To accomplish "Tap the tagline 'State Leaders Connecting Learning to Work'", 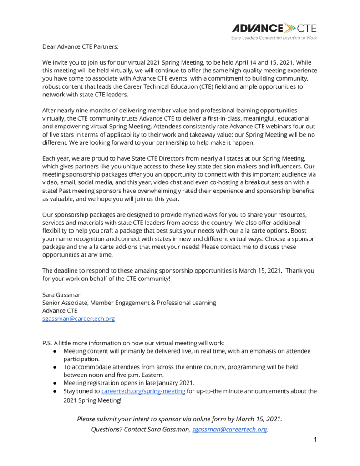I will click(274, 38).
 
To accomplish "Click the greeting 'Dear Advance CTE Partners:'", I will click(81, 47).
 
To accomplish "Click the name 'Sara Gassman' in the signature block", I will click(62, 295).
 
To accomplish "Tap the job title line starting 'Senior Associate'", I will click(129, 303).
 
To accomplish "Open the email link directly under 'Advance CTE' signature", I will click(78, 319).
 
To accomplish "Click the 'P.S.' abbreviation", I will click(47, 343).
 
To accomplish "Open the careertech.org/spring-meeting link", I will click(143, 391).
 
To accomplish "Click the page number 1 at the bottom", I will click(314, 440).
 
